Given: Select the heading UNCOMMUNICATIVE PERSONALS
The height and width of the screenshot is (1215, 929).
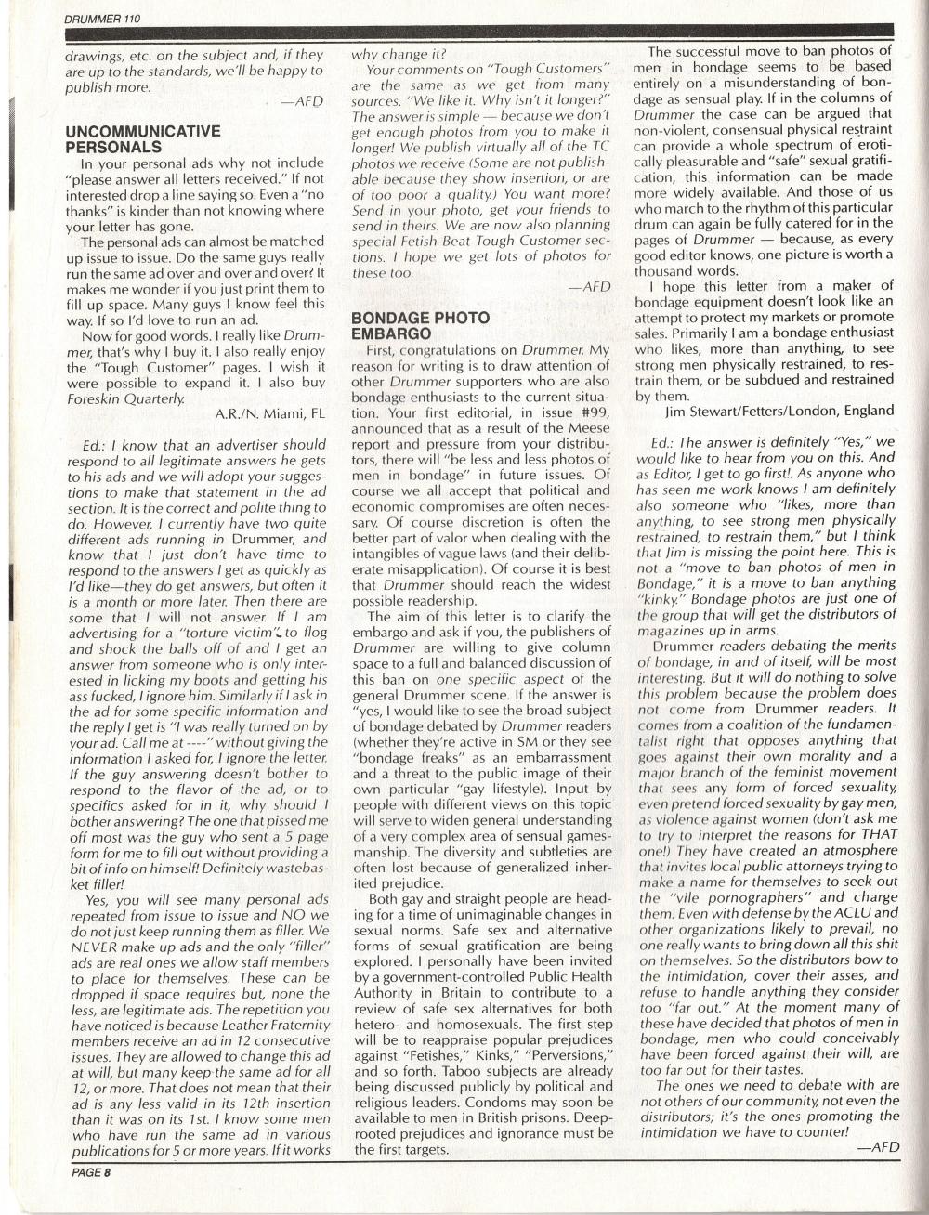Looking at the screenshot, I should click(143, 139).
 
